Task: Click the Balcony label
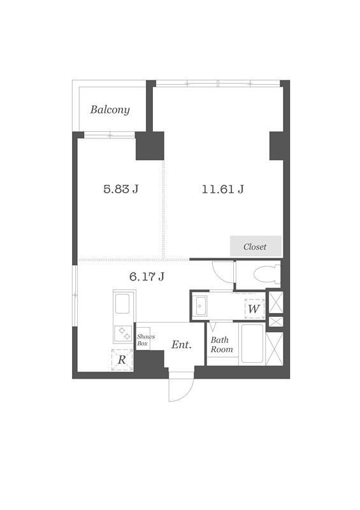[110, 110]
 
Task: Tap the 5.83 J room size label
[121, 189]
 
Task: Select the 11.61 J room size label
[223, 189]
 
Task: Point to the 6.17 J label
[147, 277]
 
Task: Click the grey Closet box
[256, 246]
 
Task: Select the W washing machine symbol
[254, 309]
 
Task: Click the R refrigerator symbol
[122, 360]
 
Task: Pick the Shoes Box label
[145, 340]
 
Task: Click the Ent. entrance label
[182, 345]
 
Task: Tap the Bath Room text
[222, 345]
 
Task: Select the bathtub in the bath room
[252, 344]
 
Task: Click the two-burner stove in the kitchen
[123, 333]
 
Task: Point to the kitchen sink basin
[122, 304]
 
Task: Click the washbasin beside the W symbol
[201, 306]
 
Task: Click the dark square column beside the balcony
[150, 146]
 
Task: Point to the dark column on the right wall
[277, 146]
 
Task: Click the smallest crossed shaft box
[276, 322]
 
